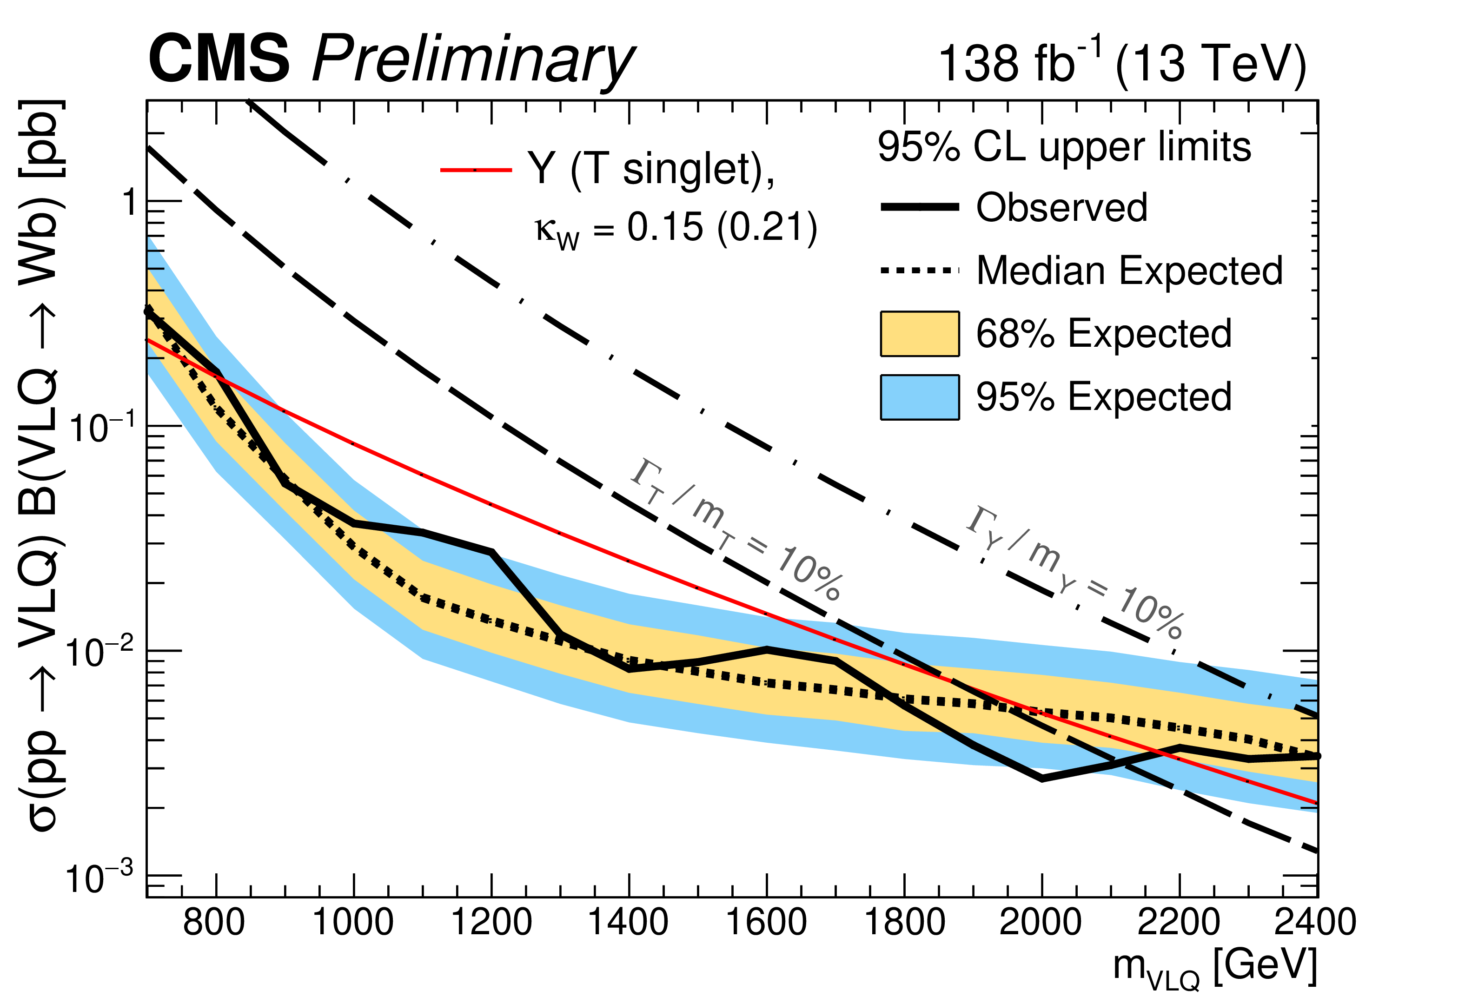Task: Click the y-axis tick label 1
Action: (x=130, y=203)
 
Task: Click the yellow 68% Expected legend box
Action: (x=920, y=333)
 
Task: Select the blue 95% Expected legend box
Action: (x=920, y=397)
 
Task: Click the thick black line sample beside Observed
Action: (x=920, y=207)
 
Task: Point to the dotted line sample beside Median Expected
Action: (x=920, y=271)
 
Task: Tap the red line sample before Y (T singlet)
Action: (x=476, y=170)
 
